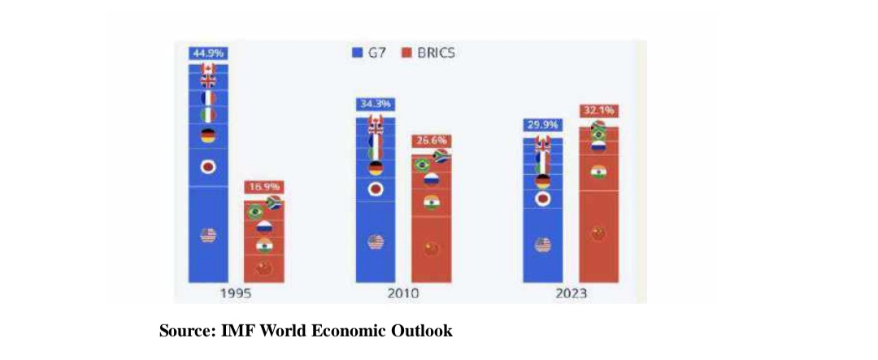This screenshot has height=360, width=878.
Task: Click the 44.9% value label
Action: click(207, 54)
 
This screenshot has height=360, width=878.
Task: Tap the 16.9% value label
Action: click(263, 187)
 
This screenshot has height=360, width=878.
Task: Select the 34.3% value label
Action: click(375, 105)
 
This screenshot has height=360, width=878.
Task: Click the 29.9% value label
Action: click(543, 125)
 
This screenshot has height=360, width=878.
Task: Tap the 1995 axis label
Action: click(236, 293)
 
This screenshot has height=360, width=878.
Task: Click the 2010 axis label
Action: click(403, 293)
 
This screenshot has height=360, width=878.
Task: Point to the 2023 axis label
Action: click(571, 293)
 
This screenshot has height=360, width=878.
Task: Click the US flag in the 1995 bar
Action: click(208, 235)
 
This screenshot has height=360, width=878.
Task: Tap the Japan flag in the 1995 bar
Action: click(208, 167)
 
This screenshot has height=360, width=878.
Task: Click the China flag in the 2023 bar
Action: click(598, 234)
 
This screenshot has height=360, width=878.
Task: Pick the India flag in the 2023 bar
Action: click(598, 172)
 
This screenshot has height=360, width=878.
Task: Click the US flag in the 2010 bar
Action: click(375, 241)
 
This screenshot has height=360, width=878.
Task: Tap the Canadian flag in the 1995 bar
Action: click(208, 68)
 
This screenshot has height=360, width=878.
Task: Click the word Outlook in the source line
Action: click(424, 331)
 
